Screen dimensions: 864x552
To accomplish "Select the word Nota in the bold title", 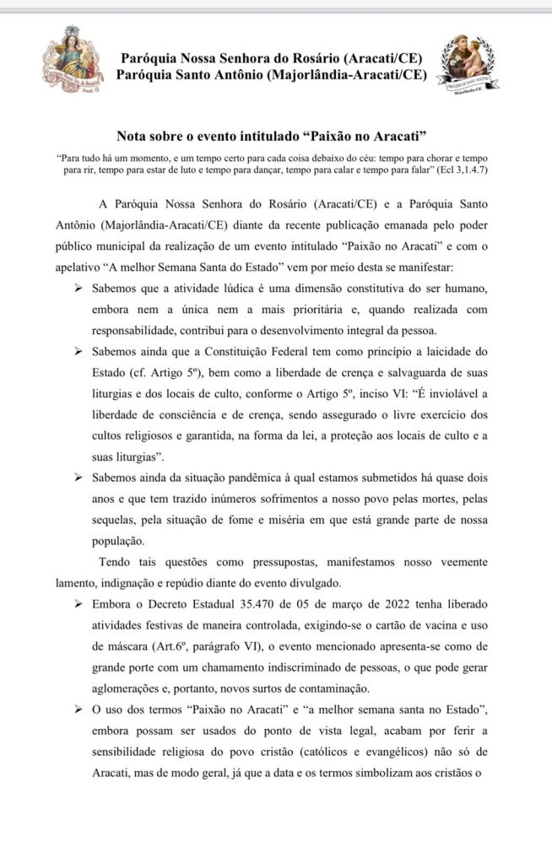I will pos(133,136).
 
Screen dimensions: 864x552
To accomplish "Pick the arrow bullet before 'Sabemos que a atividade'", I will pos(78,290).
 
